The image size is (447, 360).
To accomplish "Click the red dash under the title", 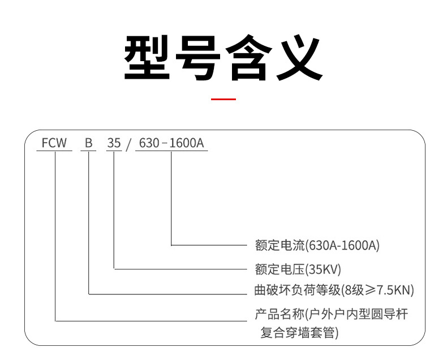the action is tap(223, 100).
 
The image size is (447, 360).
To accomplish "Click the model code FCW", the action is tap(54, 143).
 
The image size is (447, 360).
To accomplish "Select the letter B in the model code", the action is tap(89, 143).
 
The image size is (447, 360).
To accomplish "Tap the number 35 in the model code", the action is tap(114, 143).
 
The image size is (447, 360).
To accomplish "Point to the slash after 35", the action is tap(128, 144).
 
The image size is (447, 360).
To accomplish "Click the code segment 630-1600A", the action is tap(171, 143).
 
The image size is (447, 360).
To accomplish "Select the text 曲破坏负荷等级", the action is tap(298, 290).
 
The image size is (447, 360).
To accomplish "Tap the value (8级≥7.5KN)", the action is tap(379, 290).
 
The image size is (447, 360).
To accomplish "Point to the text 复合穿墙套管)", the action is tap(299, 333).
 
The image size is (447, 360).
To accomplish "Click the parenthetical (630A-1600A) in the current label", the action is tap(342, 246).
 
